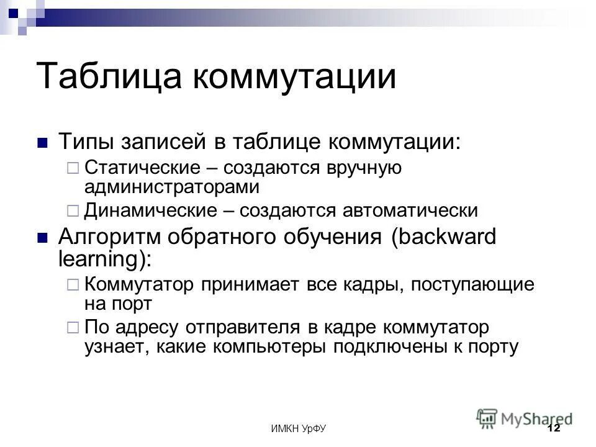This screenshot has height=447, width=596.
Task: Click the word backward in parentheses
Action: click(444, 238)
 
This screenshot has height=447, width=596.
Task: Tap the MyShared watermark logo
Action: click(525, 417)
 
